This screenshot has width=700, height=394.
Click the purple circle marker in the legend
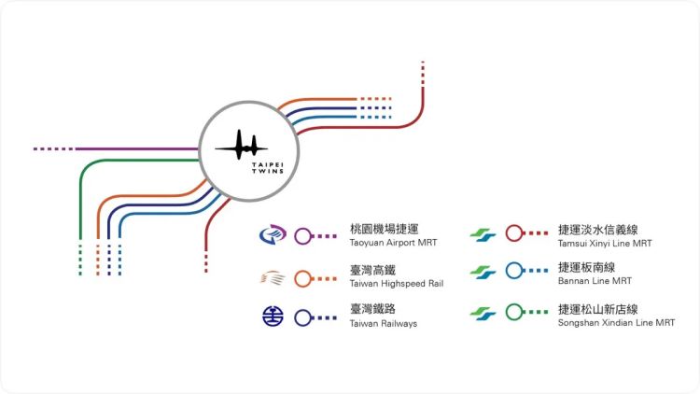click(x=302, y=236)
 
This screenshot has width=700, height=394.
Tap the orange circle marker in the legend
click(x=302, y=277)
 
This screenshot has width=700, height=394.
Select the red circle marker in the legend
click(x=512, y=234)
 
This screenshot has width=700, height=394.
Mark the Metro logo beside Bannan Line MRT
click(x=483, y=273)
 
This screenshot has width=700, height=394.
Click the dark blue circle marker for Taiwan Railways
click(x=302, y=317)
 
